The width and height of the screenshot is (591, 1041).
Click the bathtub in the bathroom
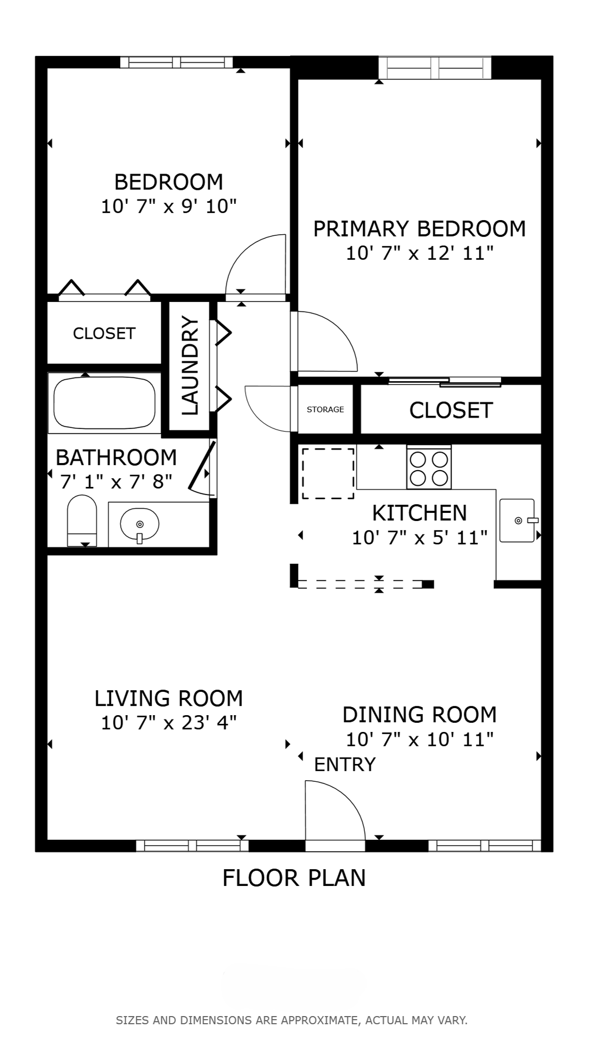coord(105,402)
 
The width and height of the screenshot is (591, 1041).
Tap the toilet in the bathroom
coord(82,520)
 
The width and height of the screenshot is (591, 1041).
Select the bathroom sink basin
coord(139,524)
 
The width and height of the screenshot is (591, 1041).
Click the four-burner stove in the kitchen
coord(429,468)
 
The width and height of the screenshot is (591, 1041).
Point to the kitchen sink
coord(518,520)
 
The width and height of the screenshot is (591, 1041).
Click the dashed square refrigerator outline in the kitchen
coord(328,473)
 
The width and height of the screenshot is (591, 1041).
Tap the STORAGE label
coord(325,409)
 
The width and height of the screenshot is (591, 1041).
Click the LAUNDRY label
coord(190,366)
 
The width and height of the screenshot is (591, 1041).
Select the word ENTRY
coord(345,764)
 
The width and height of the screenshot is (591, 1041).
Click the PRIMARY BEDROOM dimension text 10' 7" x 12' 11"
coord(420,253)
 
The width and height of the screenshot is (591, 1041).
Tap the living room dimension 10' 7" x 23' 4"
coord(169,723)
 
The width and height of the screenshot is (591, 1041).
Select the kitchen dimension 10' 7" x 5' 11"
coord(420,538)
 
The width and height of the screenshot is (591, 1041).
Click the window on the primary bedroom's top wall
coord(435,68)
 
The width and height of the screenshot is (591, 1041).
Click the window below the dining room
coord(485,846)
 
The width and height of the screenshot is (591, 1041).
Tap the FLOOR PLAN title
coord(294,878)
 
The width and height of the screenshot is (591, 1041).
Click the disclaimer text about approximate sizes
coord(292,1020)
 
